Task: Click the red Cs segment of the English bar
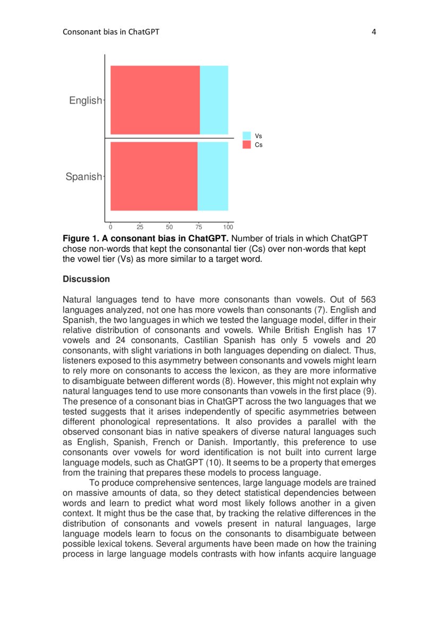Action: [155, 100]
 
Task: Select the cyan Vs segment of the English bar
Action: [214, 100]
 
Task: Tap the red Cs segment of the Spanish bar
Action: [154, 176]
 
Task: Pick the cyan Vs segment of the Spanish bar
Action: [213, 176]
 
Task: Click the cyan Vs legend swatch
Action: [247, 136]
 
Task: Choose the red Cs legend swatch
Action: [247, 144]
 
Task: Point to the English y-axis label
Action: [85, 100]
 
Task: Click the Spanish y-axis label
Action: [83, 177]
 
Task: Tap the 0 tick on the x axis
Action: [111, 227]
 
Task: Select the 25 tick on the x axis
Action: [140, 227]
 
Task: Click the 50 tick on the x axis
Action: [170, 227]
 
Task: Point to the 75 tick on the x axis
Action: [199, 227]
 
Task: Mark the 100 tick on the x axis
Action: [228, 227]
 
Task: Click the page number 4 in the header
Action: [374, 32]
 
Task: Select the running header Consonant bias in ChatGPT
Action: [111, 32]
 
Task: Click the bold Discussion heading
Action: [86, 279]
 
